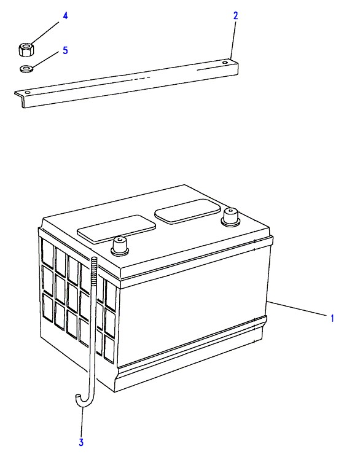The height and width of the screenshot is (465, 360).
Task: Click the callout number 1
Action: coord(332,318)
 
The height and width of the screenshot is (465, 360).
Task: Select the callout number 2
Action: coord(235,16)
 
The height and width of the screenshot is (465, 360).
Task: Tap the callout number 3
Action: coord(81,442)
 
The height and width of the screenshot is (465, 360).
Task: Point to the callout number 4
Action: coord(65,16)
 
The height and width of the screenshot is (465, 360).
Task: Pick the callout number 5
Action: coord(65,50)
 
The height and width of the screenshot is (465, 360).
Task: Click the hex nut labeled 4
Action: coord(26,50)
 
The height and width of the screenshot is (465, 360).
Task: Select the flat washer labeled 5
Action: coord(26,69)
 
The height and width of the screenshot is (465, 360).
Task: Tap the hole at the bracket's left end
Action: coord(28,93)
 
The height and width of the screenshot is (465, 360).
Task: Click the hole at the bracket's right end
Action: coord(225,63)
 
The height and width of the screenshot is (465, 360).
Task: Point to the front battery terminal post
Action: coord(120,246)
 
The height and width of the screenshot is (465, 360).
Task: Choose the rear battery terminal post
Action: coord(230,217)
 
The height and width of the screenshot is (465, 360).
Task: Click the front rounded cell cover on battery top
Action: coord(116,230)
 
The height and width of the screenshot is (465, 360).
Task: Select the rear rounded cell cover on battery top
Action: coord(188,211)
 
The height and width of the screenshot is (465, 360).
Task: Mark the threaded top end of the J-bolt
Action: coord(94,268)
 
